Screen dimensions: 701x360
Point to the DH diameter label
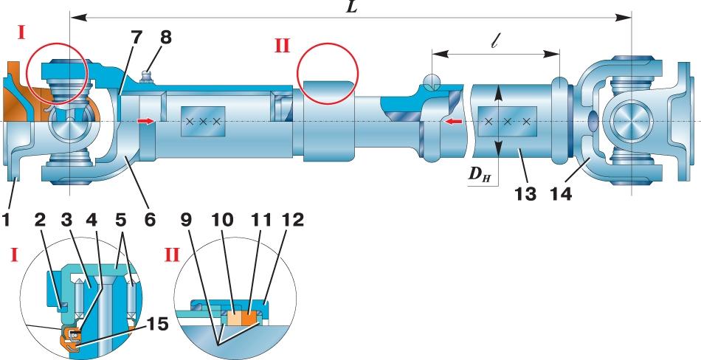(x=480, y=174)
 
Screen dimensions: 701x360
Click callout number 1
(x=6, y=220)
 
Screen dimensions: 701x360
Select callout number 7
(x=136, y=38)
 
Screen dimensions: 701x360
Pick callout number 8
(x=165, y=38)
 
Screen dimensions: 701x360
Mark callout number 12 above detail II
(x=293, y=220)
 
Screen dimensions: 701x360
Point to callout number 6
(x=149, y=220)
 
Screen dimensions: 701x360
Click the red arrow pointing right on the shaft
(x=147, y=121)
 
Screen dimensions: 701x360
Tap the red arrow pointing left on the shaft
(x=455, y=121)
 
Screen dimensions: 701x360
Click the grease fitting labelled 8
(x=147, y=76)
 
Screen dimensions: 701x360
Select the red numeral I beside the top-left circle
(x=21, y=32)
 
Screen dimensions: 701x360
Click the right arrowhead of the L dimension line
(x=624, y=18)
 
